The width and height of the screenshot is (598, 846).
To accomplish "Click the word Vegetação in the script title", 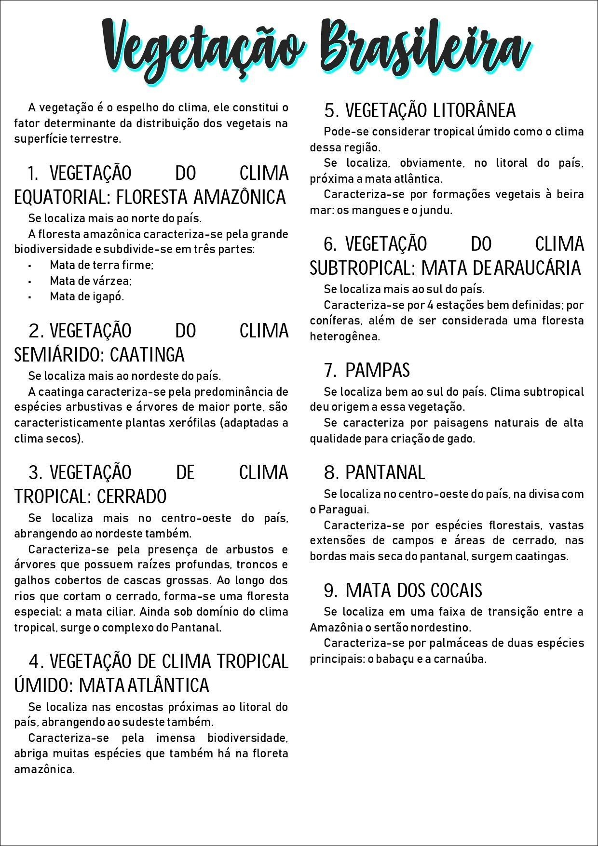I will (203, 48).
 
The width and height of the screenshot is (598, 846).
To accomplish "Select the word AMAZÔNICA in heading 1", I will (240, 197).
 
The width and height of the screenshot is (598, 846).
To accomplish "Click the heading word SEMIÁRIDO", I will (57, 355).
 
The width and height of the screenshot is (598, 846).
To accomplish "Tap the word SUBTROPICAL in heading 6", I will (362, 268).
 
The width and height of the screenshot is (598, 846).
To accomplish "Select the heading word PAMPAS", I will (378, 370).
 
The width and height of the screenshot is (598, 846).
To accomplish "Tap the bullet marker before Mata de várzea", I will (30, 281).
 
